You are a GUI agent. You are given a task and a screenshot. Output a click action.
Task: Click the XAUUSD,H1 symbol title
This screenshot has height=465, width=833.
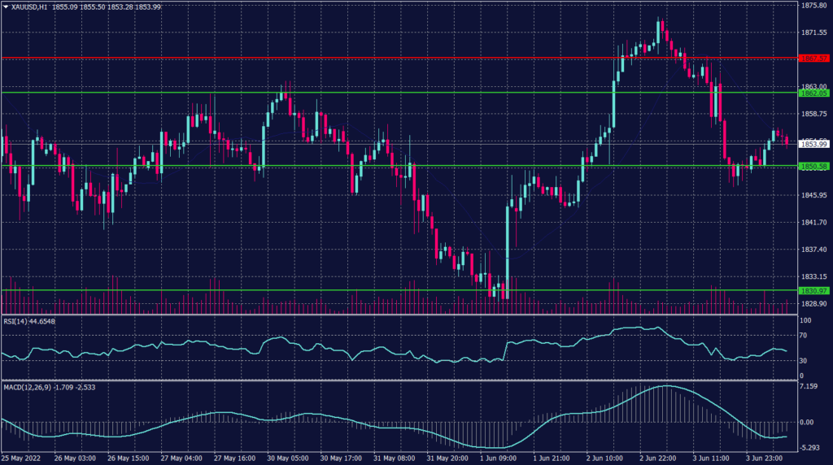click(x=29, y=7)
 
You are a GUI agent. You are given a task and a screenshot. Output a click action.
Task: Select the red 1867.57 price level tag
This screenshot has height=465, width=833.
click(x=813, y=59)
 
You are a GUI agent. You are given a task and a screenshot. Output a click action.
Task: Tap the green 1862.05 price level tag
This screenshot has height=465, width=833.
click(x=813, y=93)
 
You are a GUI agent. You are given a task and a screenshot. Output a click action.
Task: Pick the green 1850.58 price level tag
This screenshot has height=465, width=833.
click(x=813, y=167)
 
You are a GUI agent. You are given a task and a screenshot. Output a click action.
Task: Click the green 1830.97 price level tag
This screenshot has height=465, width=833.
click(x=813, y=290)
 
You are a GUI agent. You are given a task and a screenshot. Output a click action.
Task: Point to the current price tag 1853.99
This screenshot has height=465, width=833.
click(x=813, y=144)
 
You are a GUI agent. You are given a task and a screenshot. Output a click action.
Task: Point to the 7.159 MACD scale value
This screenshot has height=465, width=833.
click(x=808, y=386)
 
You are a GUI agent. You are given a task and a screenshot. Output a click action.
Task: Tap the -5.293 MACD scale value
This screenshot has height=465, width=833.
click(x=808, y=448)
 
